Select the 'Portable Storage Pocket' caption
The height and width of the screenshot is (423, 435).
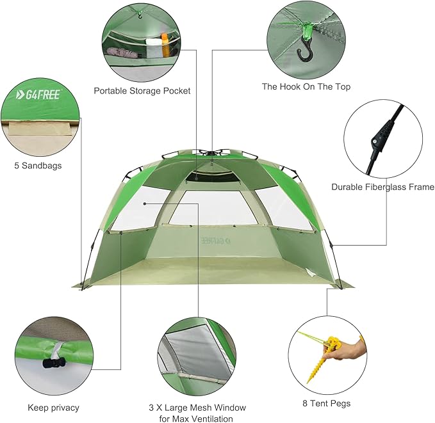click(142, 91)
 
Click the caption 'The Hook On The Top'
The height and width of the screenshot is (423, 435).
click(306, 86)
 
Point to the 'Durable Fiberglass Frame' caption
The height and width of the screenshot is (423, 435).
click(382, 188)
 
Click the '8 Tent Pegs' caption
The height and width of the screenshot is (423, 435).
click(326, 404)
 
